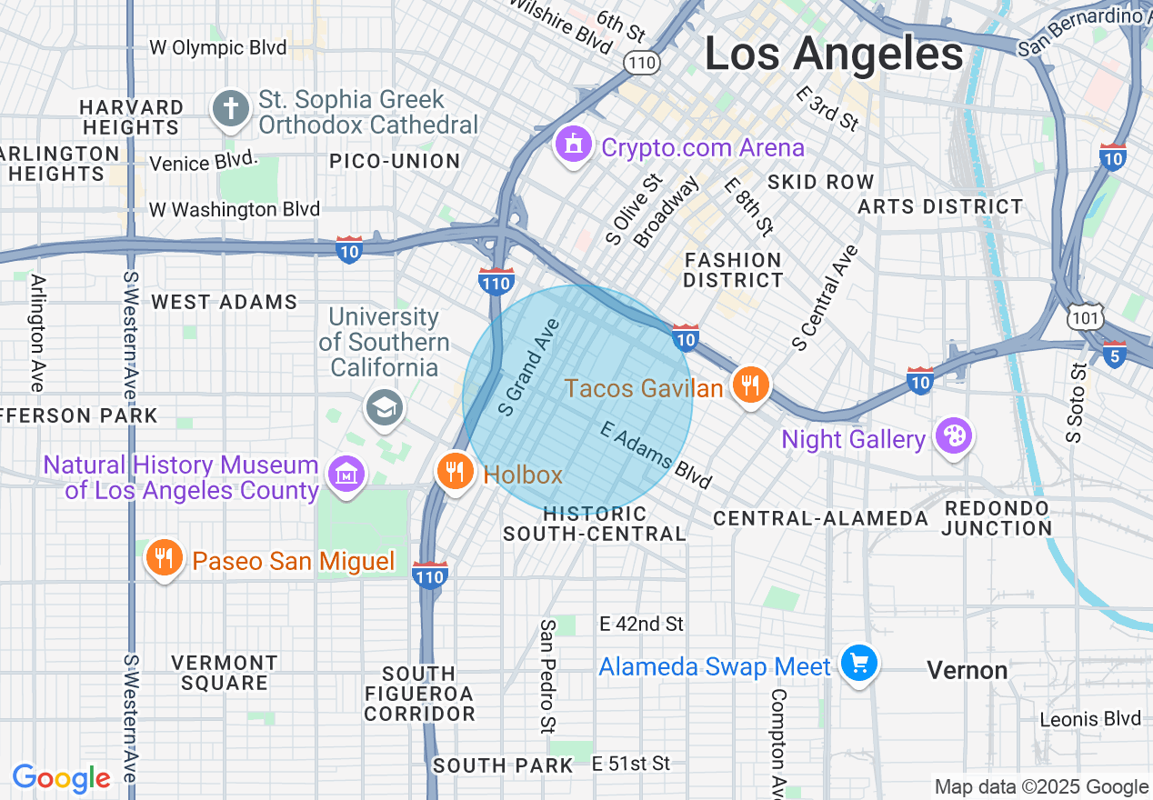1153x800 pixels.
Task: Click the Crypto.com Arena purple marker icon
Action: click(x=574, y=145)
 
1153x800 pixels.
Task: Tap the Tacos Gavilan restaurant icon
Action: click(x=750, y=385)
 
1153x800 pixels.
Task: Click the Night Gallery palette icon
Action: click(x=953, y=436)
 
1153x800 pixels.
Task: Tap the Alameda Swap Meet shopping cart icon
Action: click(x=858, y=664)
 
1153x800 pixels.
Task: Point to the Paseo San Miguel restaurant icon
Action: click(x=164, y=558)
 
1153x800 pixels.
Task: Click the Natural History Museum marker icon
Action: click(x=346, y=474)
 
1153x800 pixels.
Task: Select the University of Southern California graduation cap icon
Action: click(x=385, y=407)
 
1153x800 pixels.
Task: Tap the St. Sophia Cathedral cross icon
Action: click(x=231, y=110)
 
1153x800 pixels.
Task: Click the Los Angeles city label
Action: click(x=834, y=53)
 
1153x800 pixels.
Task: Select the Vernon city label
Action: click(x=967, y=671)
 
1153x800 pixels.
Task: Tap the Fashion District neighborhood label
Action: click(x=733, y=271)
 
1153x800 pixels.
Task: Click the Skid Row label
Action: click(x=820, y=182)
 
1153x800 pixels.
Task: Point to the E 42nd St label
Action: click(x=641, y=624)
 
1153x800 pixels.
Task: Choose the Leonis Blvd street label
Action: click(x=1090, y=719)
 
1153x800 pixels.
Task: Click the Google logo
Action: click(x=61, y=778)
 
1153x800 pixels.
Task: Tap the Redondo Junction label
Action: click(x=997, y=517)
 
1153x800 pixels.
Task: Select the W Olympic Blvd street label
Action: click(x=217, y=47)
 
